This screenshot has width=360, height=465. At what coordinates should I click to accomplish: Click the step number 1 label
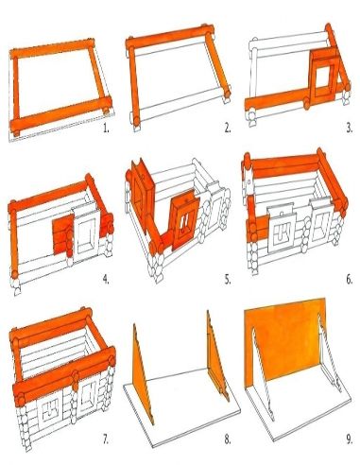point(106,129)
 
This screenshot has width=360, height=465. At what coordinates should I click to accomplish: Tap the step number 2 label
point(228,128)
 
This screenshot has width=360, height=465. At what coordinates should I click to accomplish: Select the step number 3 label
point(349,128)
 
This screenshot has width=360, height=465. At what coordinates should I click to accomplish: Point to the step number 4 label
point(106,279)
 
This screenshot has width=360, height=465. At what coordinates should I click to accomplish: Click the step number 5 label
point(228,279)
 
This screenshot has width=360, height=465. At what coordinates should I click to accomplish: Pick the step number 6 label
point(349,279)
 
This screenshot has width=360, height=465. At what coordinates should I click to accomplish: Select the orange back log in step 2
point(170,38)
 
